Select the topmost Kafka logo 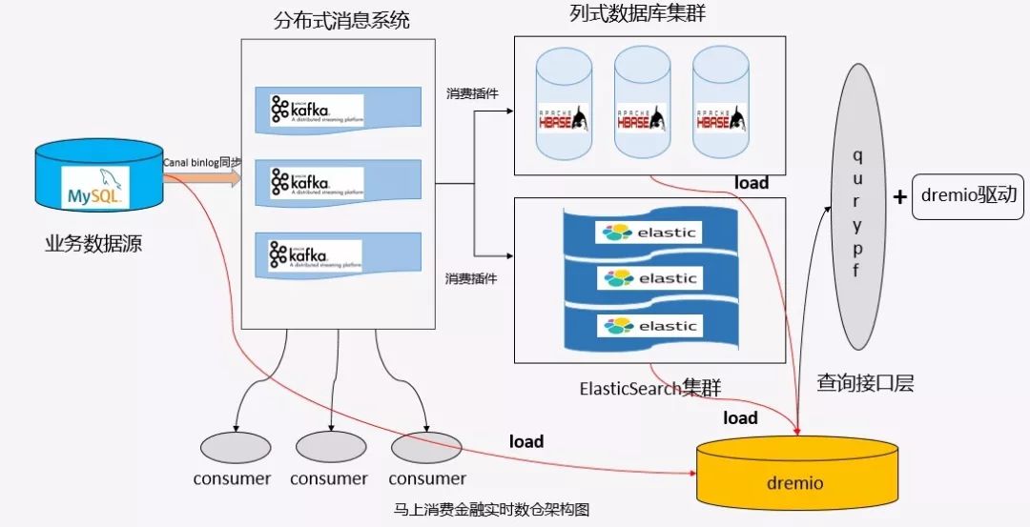coord(316,111)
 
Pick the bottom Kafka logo coord(316,255)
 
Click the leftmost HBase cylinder coord(565,105)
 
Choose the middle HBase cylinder coord(643,105)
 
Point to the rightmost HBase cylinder coord(721,105)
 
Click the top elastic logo coord(649,232)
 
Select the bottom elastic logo coord(649,326)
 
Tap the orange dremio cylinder coord(794,473)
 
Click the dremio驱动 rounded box coord(968,197)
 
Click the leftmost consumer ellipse coord(232,446)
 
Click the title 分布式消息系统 coord(341,19)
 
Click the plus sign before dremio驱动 coord(898,197)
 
